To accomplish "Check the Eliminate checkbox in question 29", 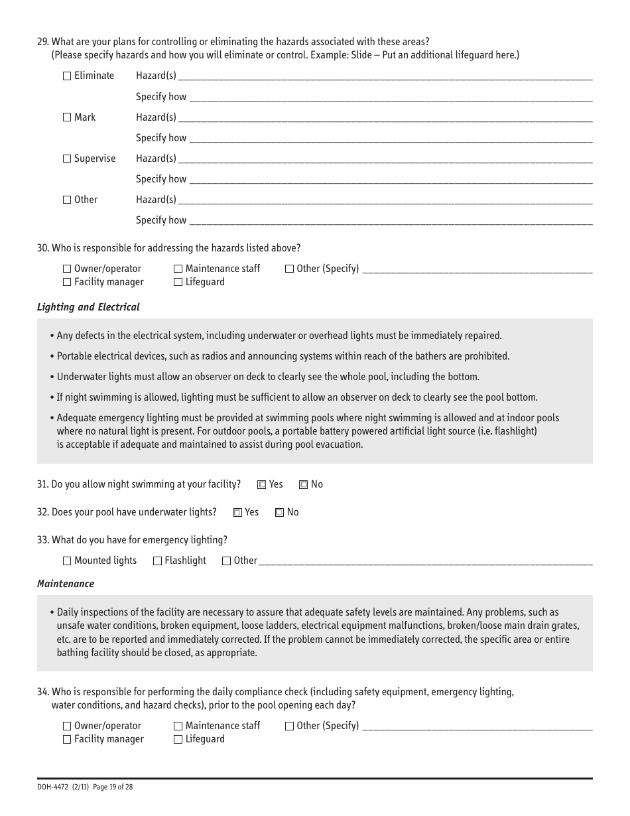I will (x=67, y=76).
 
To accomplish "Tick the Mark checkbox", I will (x=67, y=117).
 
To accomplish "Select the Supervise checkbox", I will (x=67, y=159).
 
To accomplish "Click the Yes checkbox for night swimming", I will (x=261, y=485).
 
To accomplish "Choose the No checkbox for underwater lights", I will (x=280, y=513).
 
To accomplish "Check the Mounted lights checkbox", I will (x=67, y=561).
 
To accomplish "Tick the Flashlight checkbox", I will (x=157, y=561).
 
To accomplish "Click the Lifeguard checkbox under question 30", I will (x=178, y=283).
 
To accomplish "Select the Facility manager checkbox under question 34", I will (x=67, y=740).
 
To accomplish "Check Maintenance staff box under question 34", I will (x=178, y=726).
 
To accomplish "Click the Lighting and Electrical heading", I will (x=88, y=307).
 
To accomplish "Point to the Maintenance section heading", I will (x=66, y=584).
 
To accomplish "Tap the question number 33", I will (x=43, y=540).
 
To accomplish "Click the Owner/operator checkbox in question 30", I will (x=67, y=269).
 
